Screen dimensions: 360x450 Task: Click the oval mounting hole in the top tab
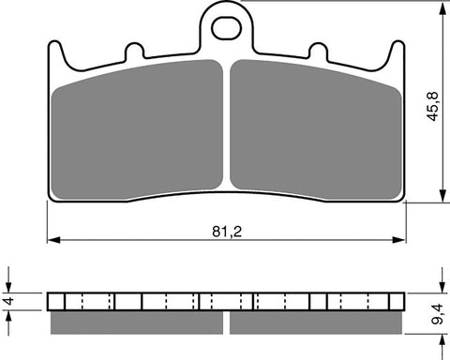click(226, 29)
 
